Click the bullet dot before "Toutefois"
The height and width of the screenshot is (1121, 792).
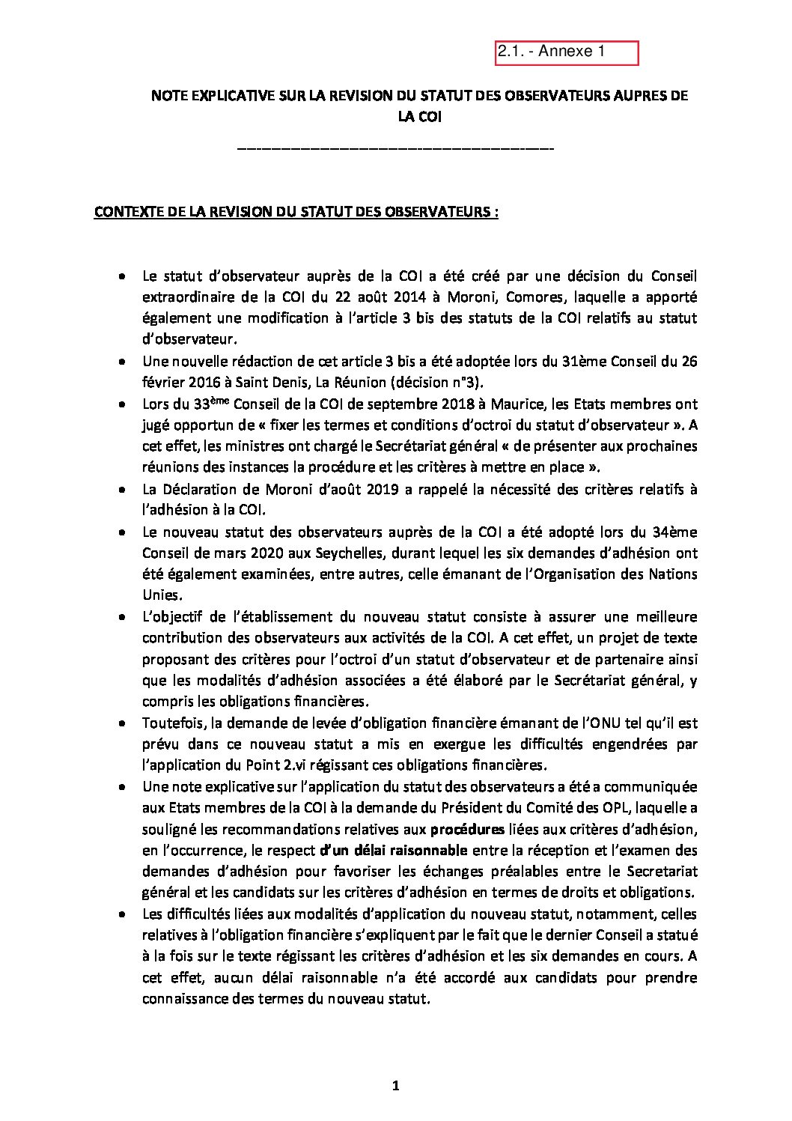pyautogui.click(x=121, y=724)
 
